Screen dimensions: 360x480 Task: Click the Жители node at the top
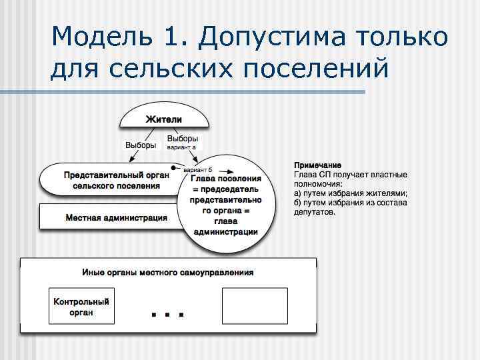tap(164, 119)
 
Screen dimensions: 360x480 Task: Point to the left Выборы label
tap(141, 145)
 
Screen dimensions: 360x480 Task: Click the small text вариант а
tap(181, 147)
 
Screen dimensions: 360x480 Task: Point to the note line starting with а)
tap(350, 193)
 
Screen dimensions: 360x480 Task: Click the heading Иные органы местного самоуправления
tap(167, 273)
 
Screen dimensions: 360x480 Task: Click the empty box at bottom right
tap(254, 306)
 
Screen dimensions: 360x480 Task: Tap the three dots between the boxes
tap(167, 313)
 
